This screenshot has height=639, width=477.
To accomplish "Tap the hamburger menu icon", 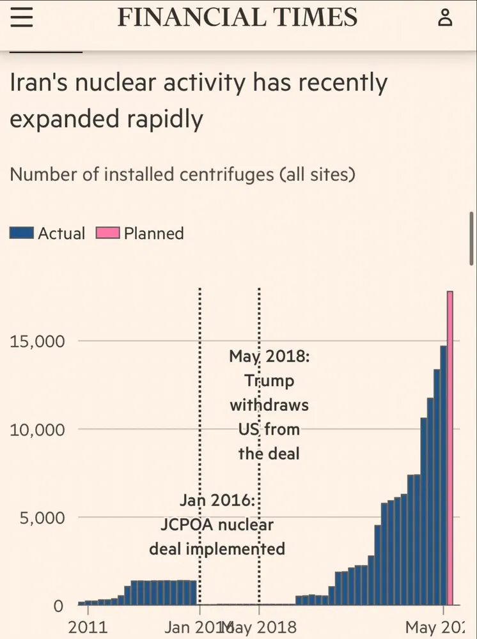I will tap(21, 18).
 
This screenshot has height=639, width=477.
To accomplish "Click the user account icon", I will tap(445, 18).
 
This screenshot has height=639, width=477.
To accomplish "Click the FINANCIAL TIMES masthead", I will tap(237, 17).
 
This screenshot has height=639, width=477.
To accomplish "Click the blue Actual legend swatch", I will tap(22, 233).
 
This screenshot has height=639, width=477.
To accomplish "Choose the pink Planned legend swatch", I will tap(107, 233).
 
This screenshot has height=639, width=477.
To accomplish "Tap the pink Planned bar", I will tap(450, 447).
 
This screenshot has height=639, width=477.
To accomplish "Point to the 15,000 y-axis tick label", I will tap(37, 341).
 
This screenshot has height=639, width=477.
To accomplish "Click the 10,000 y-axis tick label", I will tap(37, 429).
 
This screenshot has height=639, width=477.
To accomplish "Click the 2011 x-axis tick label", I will tap(88, 627).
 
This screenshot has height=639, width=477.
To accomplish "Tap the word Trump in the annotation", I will tap(269, 381).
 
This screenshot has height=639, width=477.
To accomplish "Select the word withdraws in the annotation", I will tap(269, 405).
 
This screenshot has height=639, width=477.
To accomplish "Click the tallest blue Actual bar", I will tap(443, 475).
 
